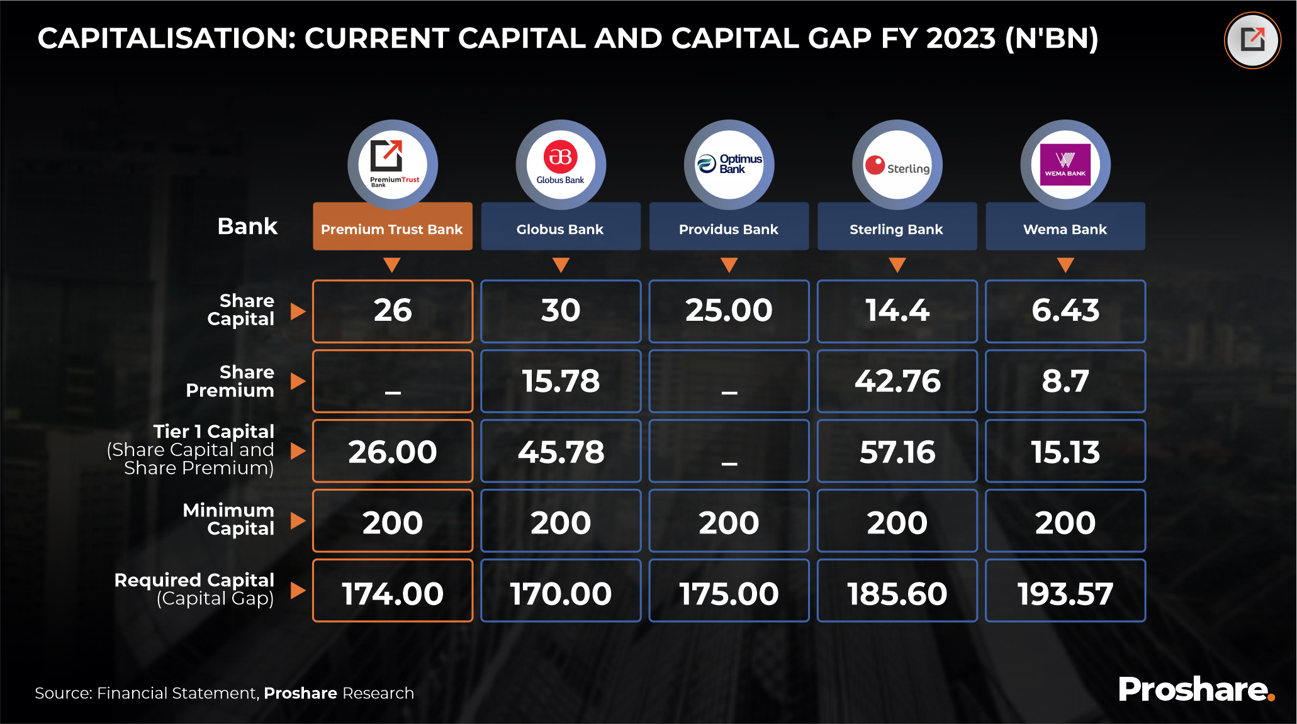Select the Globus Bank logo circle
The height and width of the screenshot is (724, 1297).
tap(561, 165)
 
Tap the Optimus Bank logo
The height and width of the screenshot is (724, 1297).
tap(729, 165)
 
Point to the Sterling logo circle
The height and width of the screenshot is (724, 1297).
tap(897, 165)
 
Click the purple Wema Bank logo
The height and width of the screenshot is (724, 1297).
tap(1065, 165)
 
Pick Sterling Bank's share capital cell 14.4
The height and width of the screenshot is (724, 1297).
tap(897, 311)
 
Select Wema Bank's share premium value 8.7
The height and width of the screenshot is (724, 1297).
tap(1065, 381)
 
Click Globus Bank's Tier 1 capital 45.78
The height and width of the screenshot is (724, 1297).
tap(561, 451)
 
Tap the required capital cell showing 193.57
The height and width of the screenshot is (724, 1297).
tap(1065, 591)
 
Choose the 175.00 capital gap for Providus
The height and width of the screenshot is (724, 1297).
tap(729, 591)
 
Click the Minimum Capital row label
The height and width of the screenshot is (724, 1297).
tap(228, 520)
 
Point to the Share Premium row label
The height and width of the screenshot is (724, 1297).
tap(230, 381)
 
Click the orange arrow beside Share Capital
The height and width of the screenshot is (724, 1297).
tap(298, 311)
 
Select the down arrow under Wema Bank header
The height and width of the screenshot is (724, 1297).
tap(1065, 264)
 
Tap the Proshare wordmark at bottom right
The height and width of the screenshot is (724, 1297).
tap(1196, 689)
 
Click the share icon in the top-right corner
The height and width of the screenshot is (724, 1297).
tap(1252, 40)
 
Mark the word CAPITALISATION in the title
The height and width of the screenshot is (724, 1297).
tap(167, 38)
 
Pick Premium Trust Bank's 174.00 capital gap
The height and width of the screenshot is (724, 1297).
tap(393, 591)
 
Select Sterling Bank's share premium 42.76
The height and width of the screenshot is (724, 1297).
tap(897, 381)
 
